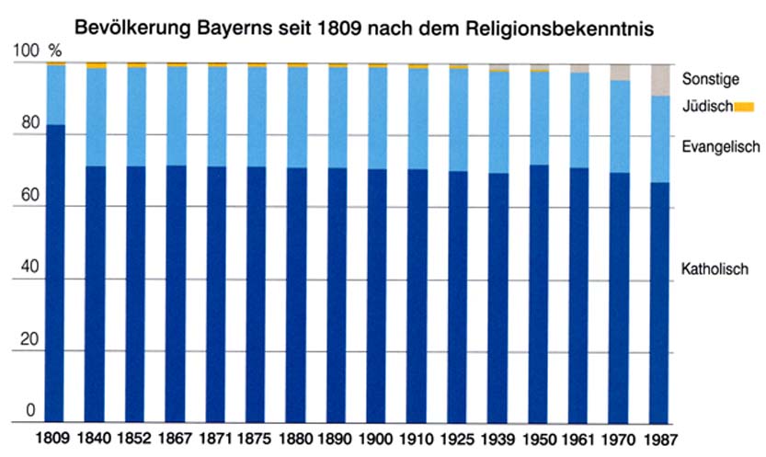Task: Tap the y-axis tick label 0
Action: point(31,410)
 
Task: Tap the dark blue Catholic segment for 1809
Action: point(55,276)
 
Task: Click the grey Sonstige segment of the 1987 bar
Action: point(659,81)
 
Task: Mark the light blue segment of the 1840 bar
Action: point(96,118)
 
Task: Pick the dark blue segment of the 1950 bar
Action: point(539,294)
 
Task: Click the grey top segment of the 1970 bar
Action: point(620,73)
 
